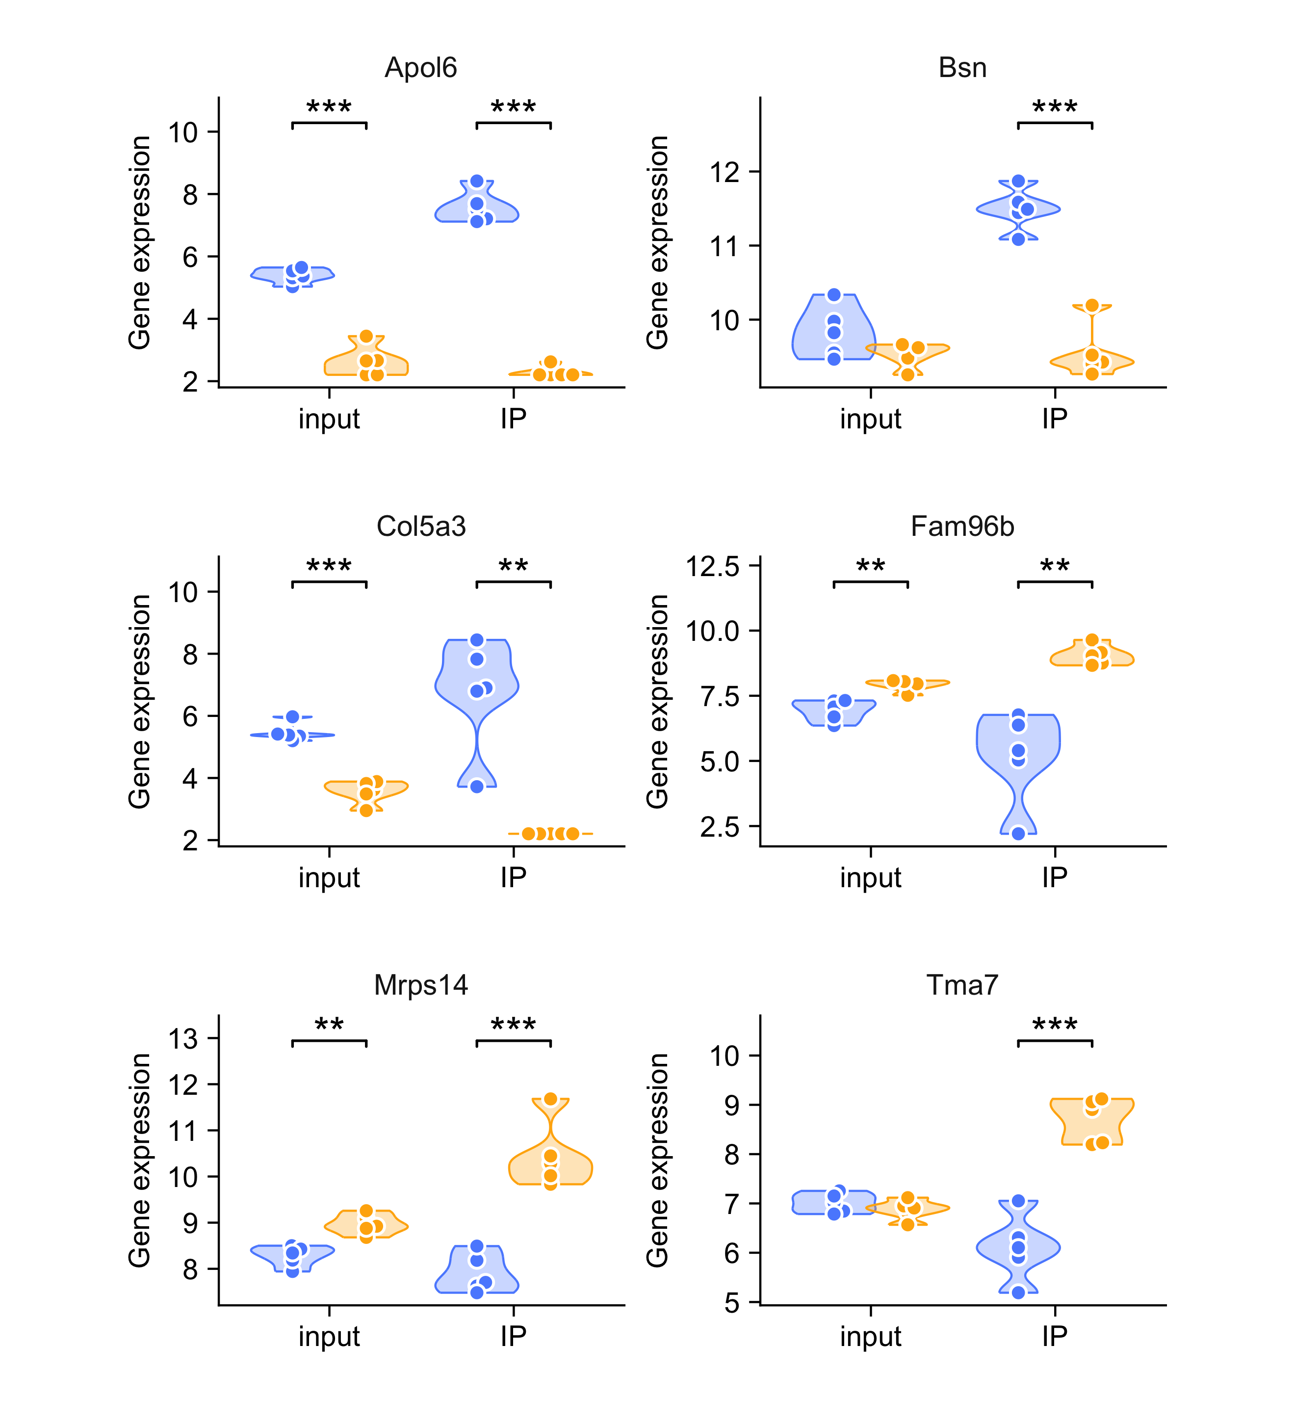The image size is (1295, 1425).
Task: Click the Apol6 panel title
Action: coord(420,68)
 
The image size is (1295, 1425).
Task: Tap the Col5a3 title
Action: coord(421,526)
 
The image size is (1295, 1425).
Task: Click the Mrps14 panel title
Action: coord(421,985)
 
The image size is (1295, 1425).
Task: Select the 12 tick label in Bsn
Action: coord(725,172)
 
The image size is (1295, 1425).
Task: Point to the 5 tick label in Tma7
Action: coord(732,1302)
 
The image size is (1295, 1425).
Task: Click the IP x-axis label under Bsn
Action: coord(1054,419)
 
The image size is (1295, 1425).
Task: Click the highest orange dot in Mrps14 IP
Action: coord(550,1099)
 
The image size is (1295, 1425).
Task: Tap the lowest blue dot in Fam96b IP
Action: coord(1018,833)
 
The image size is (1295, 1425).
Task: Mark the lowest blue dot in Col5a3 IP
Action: coord(477,786)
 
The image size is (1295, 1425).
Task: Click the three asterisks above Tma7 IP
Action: coord(1054,1026)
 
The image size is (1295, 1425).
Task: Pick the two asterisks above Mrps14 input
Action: coord(329,1026)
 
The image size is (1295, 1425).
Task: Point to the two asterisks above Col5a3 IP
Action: coord(513,567)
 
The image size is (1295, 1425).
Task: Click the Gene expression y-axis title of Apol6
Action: coord(140,242)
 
